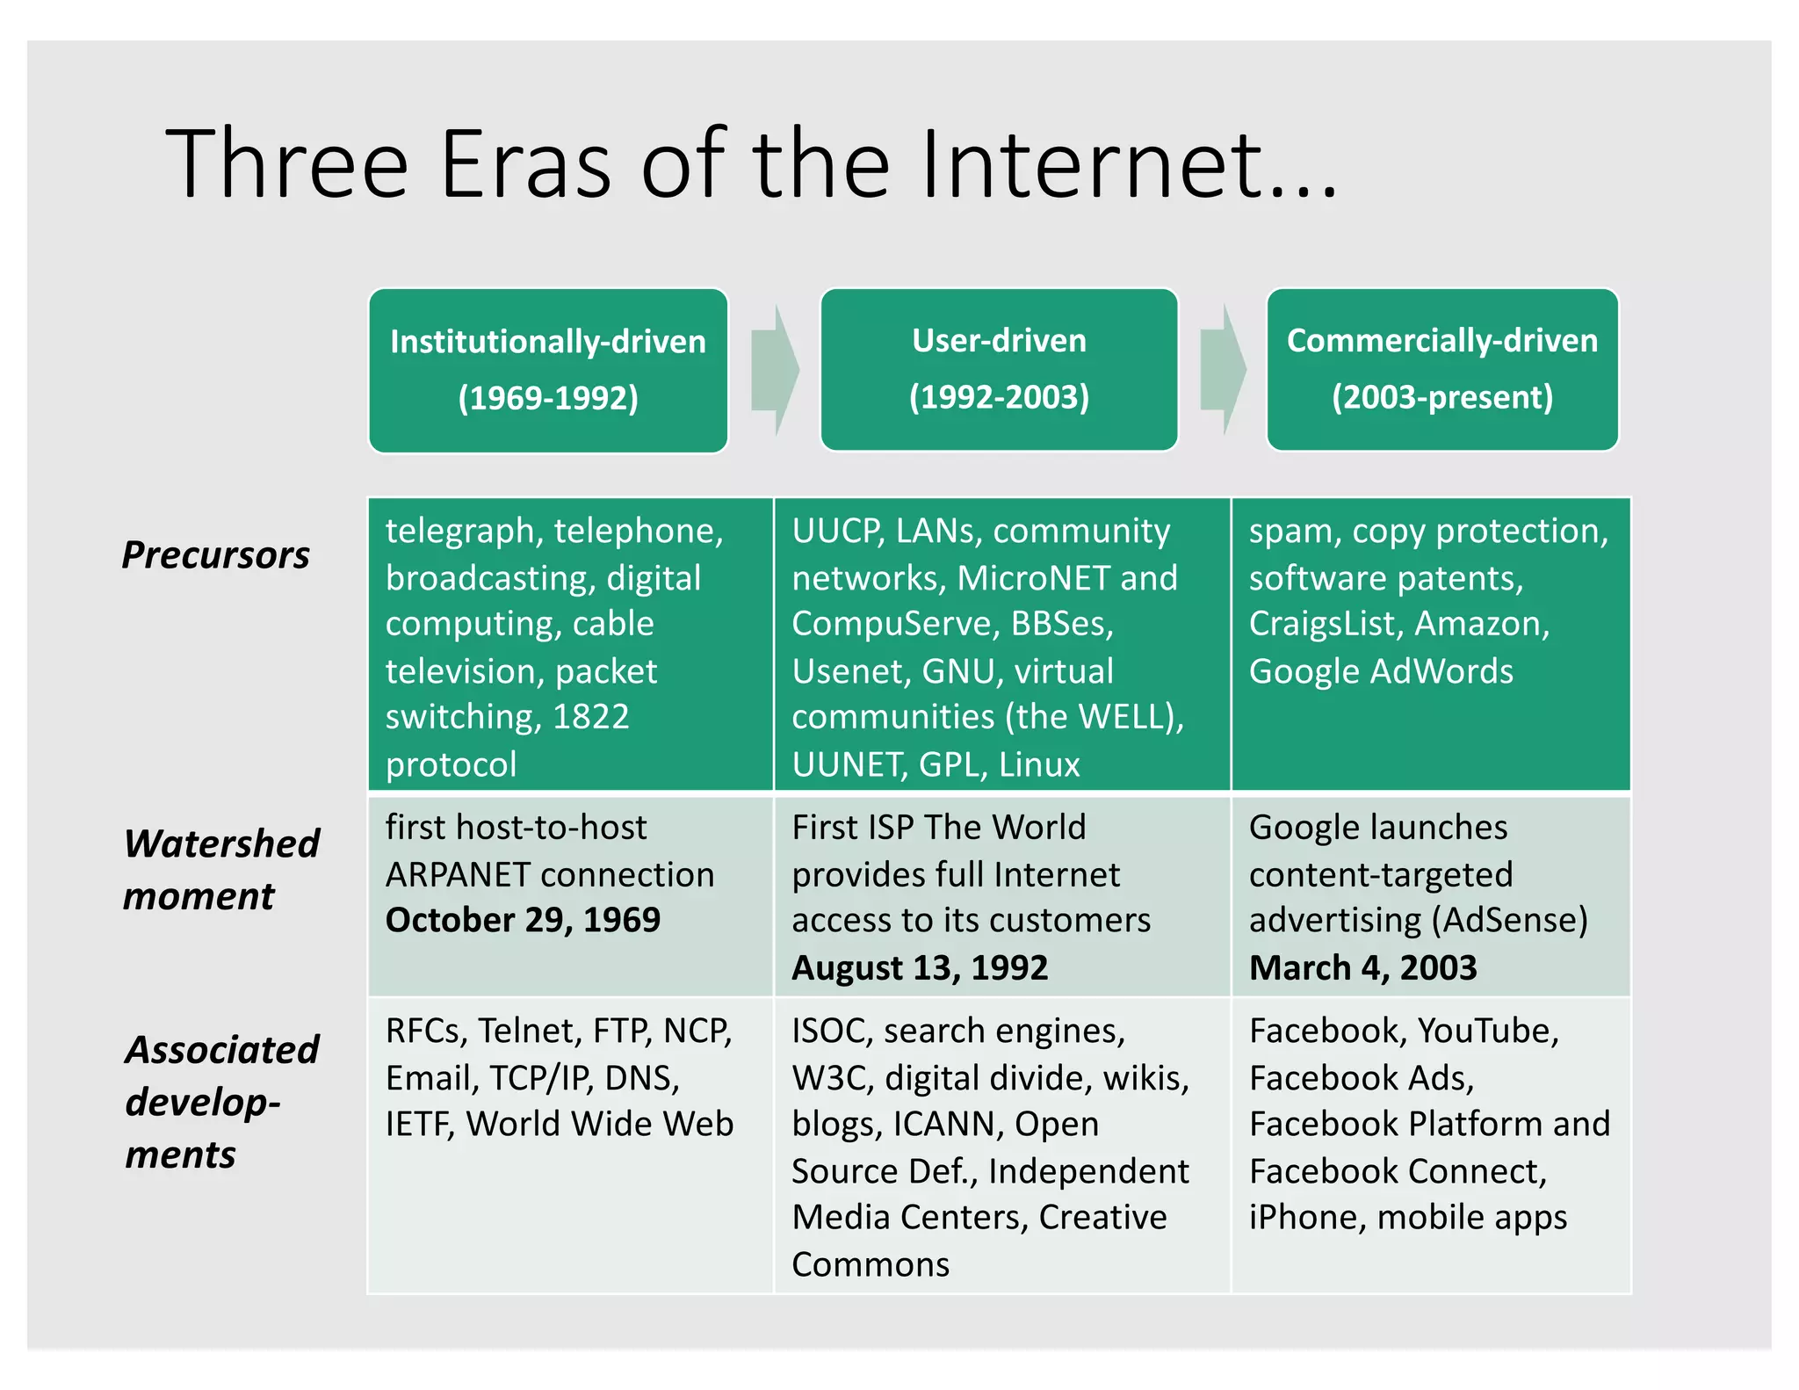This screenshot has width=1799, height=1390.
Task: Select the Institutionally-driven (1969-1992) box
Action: pyautogui.click(x=548, y=370)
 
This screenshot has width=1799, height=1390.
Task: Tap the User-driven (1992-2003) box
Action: pyautogui.click(x=999, y=370)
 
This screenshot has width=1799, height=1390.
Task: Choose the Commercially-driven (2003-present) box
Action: pyautogui.click(x=1441, y=370)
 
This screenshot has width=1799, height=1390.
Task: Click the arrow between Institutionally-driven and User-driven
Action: pyautogui.click(x=775, y=370)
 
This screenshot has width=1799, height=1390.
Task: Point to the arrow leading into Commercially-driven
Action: pyautogui.click(x=1223, y=370)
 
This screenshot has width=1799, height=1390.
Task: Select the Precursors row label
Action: pyautogui.click(x=215, y=555)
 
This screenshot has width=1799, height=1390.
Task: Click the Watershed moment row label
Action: pyautogui.click(x=220, y=869)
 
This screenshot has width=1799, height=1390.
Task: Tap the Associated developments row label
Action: pyautogui.click(x=220, y=1101)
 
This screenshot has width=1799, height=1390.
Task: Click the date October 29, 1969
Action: pyautogui.click(x=523, y=920)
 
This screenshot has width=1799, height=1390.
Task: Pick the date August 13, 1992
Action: pyautogui.click(x=920, y=967)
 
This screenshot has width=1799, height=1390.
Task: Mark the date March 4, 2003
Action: pyautogui.click(x=1362, y=967)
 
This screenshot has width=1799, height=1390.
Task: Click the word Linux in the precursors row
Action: pyautogui.click(x=1039, y=764)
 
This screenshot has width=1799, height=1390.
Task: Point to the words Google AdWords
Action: pyautogui.click(x=1381, y=671)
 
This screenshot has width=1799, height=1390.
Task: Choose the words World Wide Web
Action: pyautogui.click(x=599, y=1124)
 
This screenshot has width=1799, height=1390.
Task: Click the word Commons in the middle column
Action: pyautogui.click(x=870, y=1264)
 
